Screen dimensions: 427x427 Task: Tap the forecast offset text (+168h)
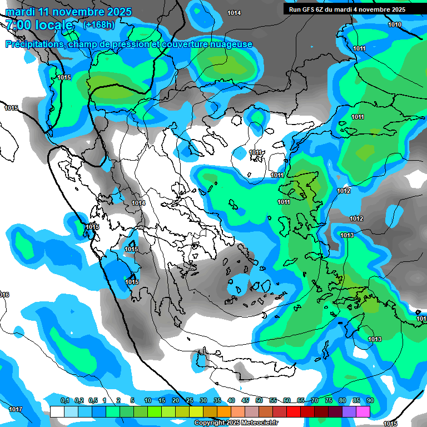(x=99, y=25)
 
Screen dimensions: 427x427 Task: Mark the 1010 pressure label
(x=395, y=25)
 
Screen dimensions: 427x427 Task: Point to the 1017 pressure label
(x=16, y=410)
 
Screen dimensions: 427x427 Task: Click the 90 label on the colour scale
(x=370, y=401)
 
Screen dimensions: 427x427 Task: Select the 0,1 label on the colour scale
(x=64, y=401)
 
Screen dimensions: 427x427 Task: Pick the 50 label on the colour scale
(x=259, y=401)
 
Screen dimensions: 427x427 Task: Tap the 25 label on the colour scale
(x=190, y=401)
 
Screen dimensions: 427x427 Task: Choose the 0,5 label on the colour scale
(x=92, y=401)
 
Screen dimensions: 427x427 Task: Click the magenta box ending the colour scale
(x=363, y=411)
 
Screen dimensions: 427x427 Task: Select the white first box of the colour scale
(x=57, y=411)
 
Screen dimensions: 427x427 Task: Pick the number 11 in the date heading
(x=45, y=11)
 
